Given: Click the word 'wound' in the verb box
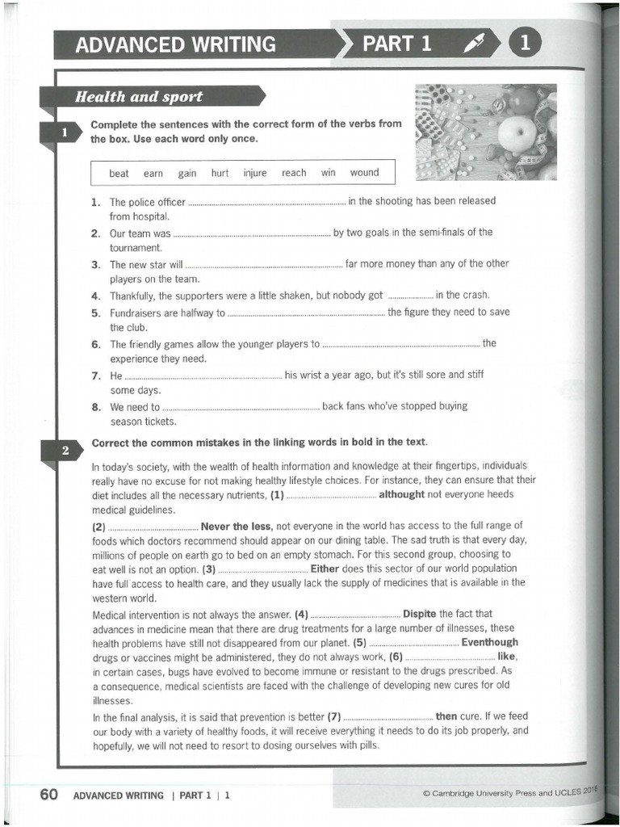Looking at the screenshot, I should [x=364, y=173].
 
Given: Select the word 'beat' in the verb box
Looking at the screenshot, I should [x=119, y=174].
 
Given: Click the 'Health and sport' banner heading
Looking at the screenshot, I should [x=139, y=97].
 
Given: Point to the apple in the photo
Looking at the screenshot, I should [x=516, y=133].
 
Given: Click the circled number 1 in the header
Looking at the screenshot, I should [x=524, y=44].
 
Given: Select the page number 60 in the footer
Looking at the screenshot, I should [x=48, y=795].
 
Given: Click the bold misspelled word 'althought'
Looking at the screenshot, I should [x=401, y=494].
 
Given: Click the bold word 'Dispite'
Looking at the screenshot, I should [x=420, y=613].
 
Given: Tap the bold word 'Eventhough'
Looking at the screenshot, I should [x=489, y=643].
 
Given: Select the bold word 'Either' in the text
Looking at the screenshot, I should [x=325, y=569].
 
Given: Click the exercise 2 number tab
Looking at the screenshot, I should [x=65, y=450].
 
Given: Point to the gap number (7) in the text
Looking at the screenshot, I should [x=334, y=716].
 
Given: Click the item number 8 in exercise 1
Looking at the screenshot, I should [x=95, y=407].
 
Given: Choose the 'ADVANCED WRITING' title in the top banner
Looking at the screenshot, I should [x=175, y=44].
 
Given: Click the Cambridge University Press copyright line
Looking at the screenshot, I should [x=512, y=792].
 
